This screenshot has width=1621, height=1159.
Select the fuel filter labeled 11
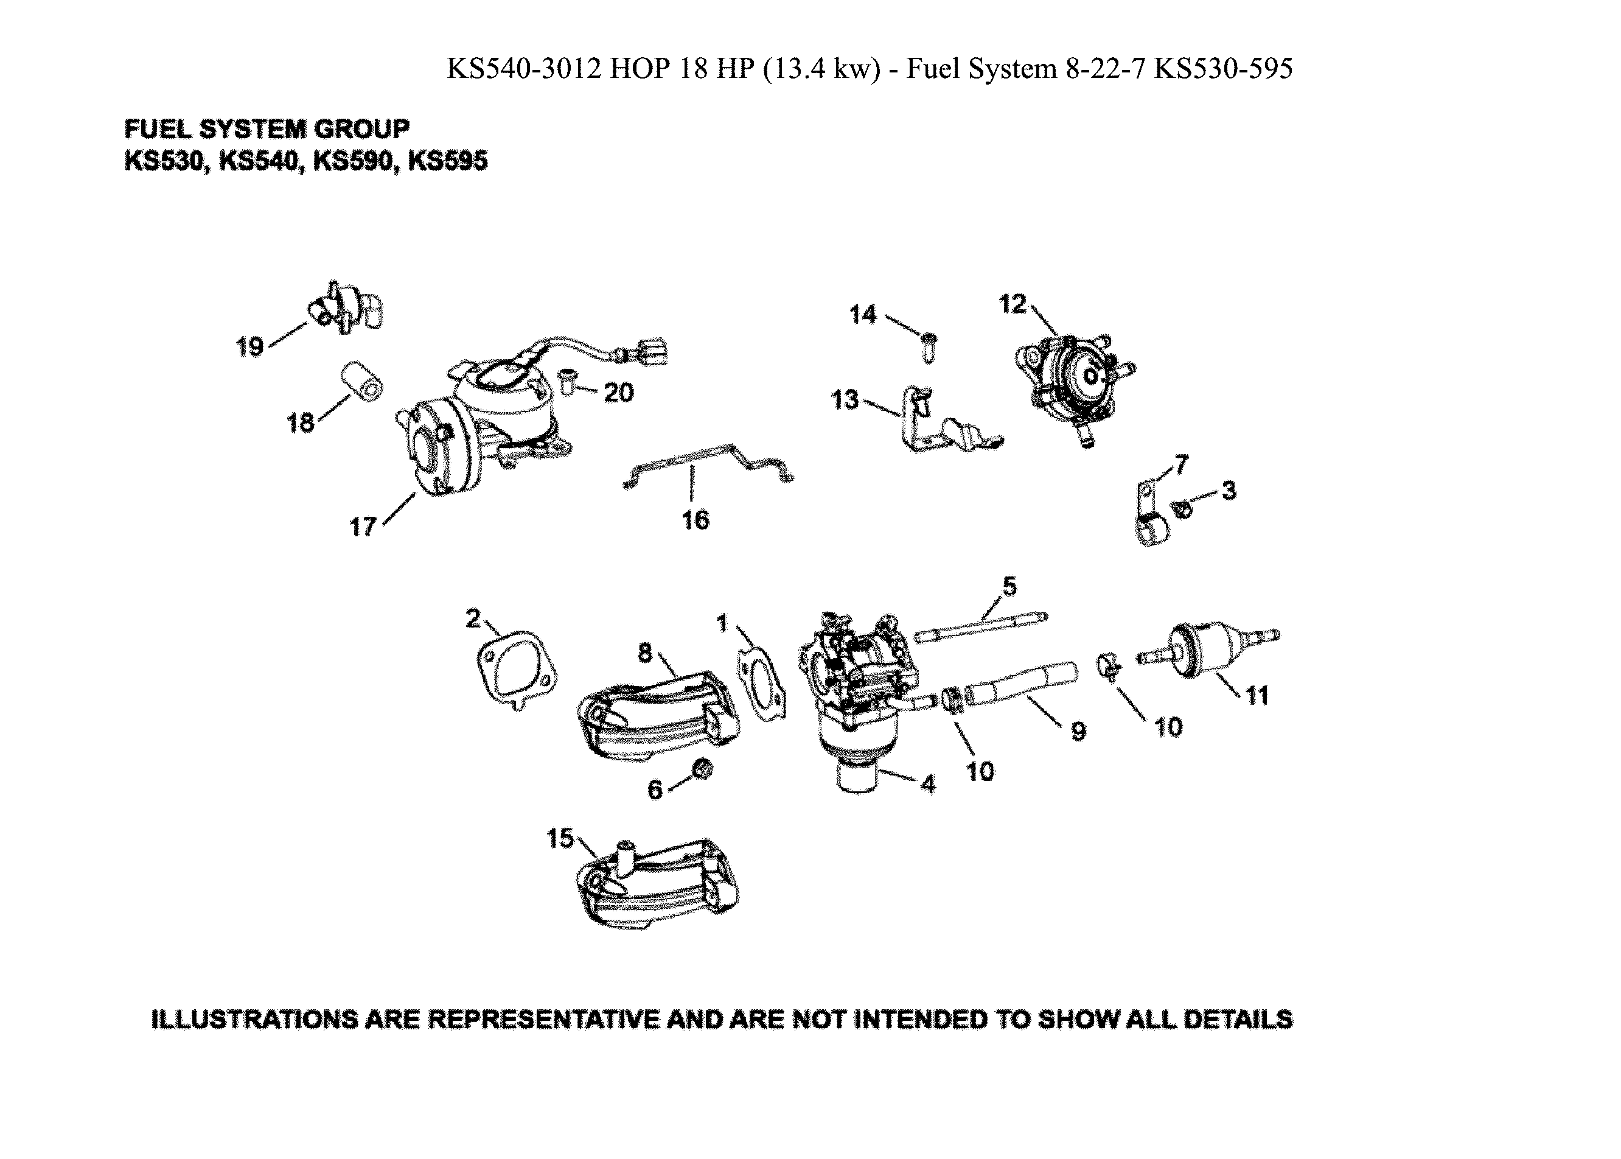(x=1206, y=646)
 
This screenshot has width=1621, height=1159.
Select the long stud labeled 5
(x=981, y=626)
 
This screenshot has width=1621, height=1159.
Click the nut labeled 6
(x=703, y=769)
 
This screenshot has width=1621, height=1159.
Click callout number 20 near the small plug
(x=618, y=393)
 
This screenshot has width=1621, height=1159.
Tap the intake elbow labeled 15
(x=657, y=885)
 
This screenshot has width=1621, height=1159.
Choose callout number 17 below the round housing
(x=363, y=527)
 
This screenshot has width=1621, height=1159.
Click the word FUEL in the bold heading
(x=158, y=129)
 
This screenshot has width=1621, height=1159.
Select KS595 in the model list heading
(x=447, y=161)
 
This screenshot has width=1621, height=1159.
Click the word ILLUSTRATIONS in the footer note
(x=253, y=1018)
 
